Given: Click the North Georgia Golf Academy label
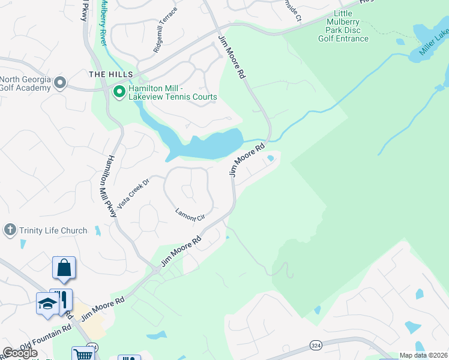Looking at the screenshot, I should pyautogui.click(x=25, y=84).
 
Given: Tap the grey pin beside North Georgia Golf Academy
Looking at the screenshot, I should pyautogui.click(x=59, y=82).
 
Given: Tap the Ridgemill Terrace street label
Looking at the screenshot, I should pyautogui.click(x=166, y=31).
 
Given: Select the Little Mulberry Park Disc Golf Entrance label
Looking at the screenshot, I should pyautogui.click(x=343, y=26).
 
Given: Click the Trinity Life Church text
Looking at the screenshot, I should pyautogui.click(x=53, y=230).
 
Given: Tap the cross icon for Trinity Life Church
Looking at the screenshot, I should pyautogui.click(x=9, y=230).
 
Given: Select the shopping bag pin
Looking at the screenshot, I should pyautogui.click(x=64, y=268).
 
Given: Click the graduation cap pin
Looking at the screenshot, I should pyautogui.click(x=47, y=303).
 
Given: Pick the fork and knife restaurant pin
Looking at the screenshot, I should pyautogui.click(x=61, y=299).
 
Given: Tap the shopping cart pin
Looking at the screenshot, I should pyautogui.click(x=83, y=355).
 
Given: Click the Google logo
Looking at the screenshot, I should pyautogui.click(x=19, y=353).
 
